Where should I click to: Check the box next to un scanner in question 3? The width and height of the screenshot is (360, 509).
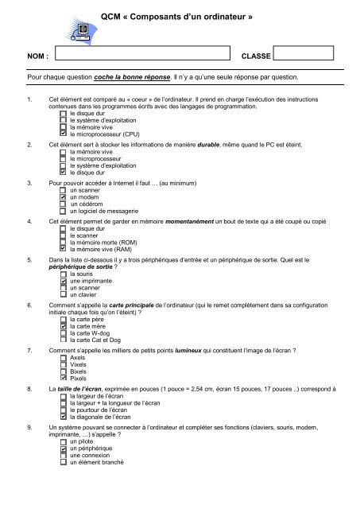[x=64, y=192]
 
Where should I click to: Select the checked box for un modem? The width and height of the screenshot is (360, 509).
[x=64, y=198]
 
